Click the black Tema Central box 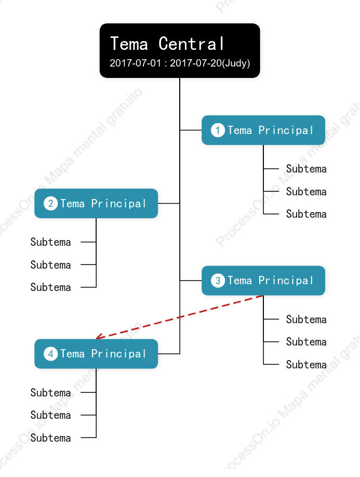pos(180,50)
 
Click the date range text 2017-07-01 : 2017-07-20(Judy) pos(180,63)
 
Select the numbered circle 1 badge pos(218,130)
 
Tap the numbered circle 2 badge pos(50,204)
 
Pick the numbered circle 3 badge pos(218,281)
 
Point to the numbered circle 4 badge pos(50,354)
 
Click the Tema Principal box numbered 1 pos(263,130)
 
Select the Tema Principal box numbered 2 pos(96,204)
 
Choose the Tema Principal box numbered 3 pos(263,281)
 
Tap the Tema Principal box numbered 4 pos(96,354)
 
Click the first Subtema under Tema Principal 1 pos(306,168)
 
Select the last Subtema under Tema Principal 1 pos(306,214)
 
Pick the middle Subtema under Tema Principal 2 pos(50,264)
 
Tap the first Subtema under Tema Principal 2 pos(50,242)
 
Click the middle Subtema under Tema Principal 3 pos(306,341)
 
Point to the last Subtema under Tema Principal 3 pos(306,364)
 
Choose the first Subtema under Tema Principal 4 pos(50,392)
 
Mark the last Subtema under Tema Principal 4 pos(50,438)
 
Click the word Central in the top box pos(191,44)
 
